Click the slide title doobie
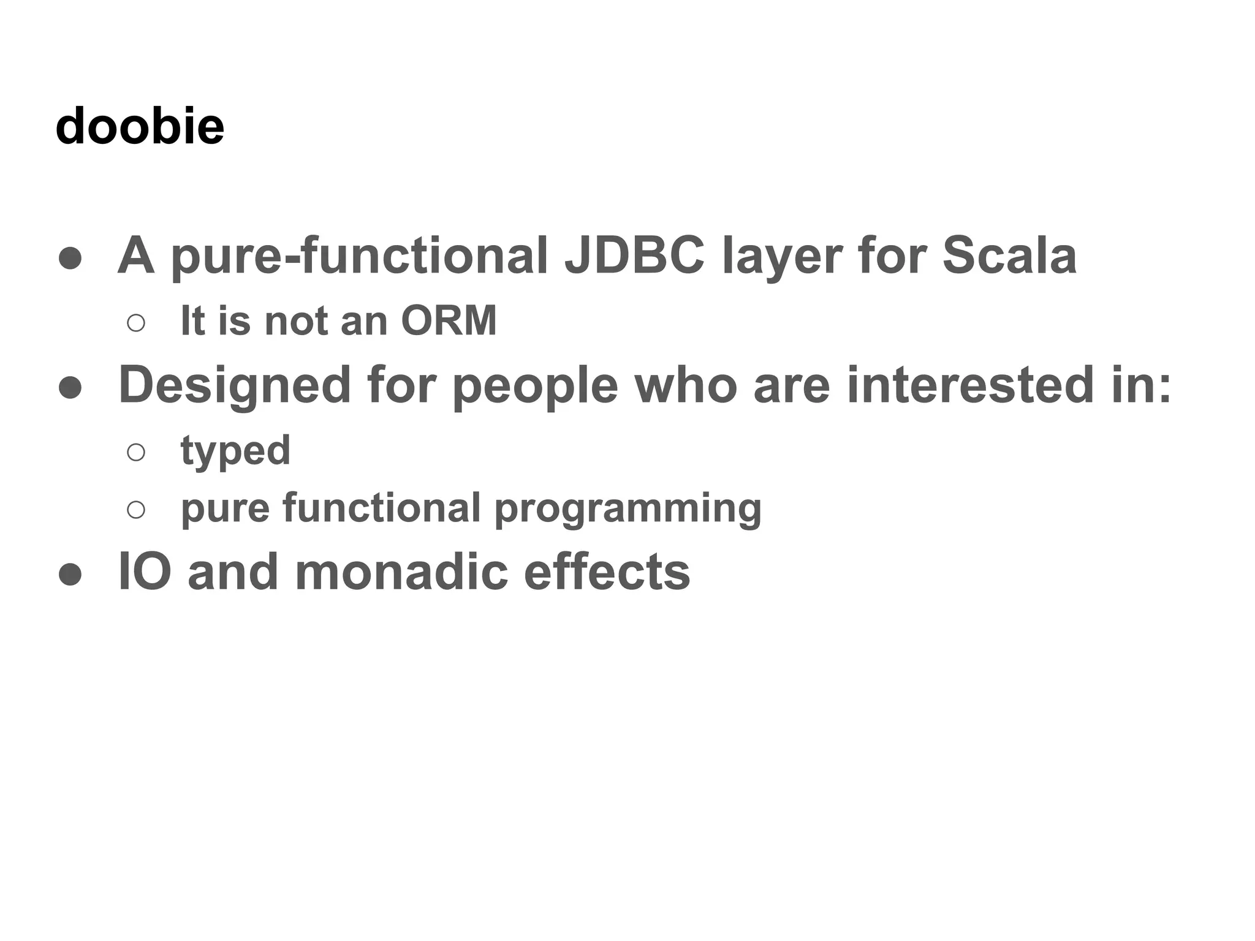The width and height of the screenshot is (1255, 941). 140,126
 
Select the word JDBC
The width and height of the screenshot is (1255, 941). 634,255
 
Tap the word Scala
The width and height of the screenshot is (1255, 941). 1009,255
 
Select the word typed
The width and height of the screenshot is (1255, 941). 235,452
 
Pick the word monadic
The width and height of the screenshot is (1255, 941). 401,572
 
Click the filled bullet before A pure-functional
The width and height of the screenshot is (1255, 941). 70,258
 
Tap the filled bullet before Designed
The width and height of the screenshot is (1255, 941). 70,387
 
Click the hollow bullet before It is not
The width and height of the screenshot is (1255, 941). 136,323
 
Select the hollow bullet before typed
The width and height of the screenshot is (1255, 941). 136,452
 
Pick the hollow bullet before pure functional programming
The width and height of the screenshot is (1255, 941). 136,510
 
